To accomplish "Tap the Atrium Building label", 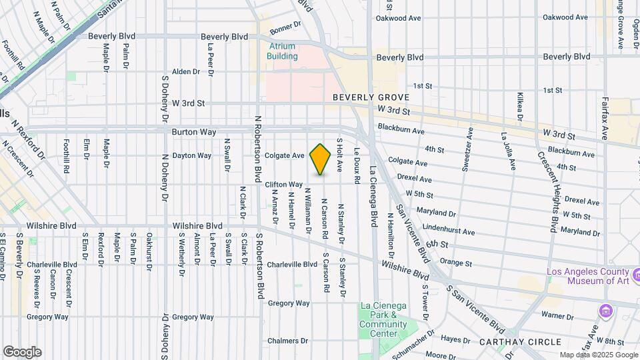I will point(283,51).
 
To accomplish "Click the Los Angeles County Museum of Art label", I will point(587,276).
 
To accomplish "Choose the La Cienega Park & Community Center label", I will point(383,319).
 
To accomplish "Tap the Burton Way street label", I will point(193,132).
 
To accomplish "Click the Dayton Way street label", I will point(192,155).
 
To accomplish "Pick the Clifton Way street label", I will point(284,184).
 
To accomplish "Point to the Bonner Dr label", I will point(286,30).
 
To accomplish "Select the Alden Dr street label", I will point(186,71).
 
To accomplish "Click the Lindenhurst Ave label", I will point(449,230).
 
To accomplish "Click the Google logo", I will point(22,352).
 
